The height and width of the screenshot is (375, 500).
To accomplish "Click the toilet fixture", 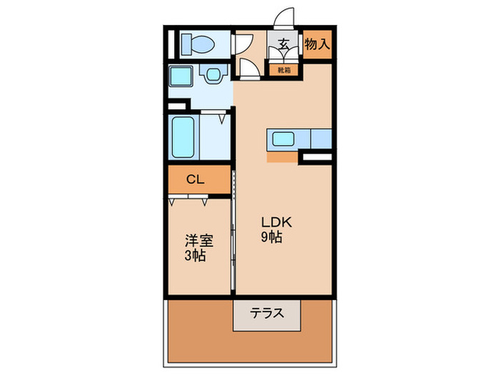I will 197,44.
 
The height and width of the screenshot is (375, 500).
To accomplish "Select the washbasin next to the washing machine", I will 212,74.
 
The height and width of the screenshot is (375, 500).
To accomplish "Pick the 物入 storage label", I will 317,44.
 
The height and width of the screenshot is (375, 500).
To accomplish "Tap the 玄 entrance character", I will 284,44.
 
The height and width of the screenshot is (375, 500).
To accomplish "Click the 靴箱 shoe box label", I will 284,70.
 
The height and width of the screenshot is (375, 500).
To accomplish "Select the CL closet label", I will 195,180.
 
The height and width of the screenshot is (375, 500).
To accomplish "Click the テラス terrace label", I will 266,313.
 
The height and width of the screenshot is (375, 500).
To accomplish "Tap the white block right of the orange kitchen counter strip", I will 316,156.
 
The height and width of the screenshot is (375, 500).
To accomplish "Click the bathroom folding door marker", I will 223,116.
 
